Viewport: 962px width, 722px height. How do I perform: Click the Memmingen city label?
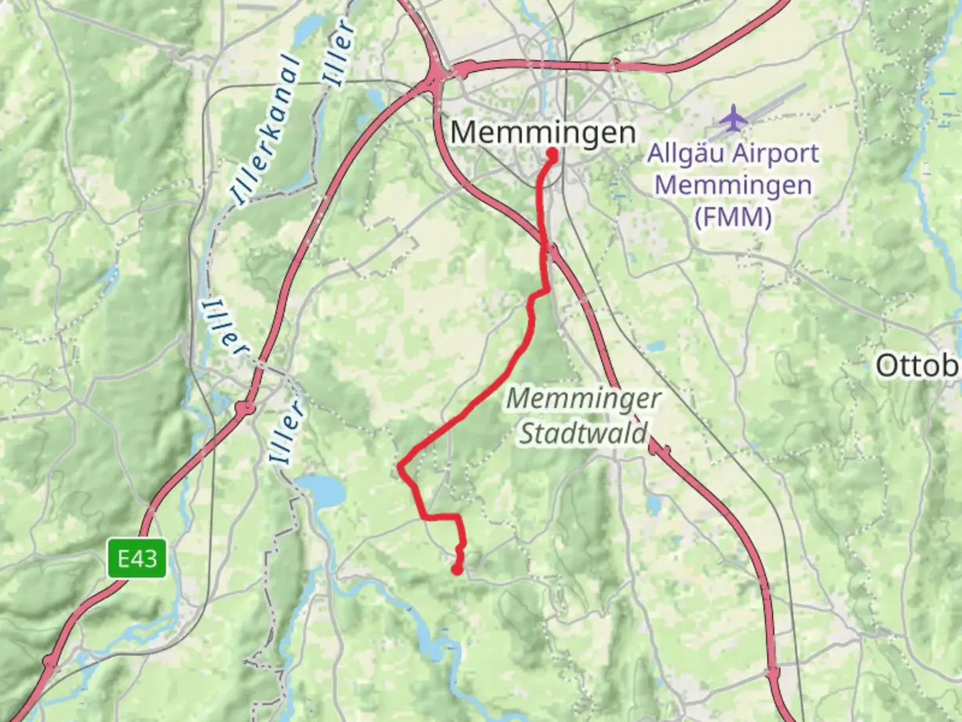(x=542, y=132)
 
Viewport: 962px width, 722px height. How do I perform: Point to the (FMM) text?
(x=732, y=217)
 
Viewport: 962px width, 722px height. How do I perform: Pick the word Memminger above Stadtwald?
(x=583, y=399)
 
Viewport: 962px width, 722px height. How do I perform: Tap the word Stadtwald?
(x=583, y=433)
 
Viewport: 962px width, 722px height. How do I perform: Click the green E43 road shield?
(x=137, y=558)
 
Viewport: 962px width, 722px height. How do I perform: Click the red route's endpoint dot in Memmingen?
(x=553, y=154)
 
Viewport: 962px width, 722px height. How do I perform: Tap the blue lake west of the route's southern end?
(x=322, y=491)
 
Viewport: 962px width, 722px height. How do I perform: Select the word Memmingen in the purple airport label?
(x=733, y=185)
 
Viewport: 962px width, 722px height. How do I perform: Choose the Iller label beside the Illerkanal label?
(x=338, y=53)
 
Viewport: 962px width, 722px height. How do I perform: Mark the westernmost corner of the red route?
(x=400, y=466)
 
